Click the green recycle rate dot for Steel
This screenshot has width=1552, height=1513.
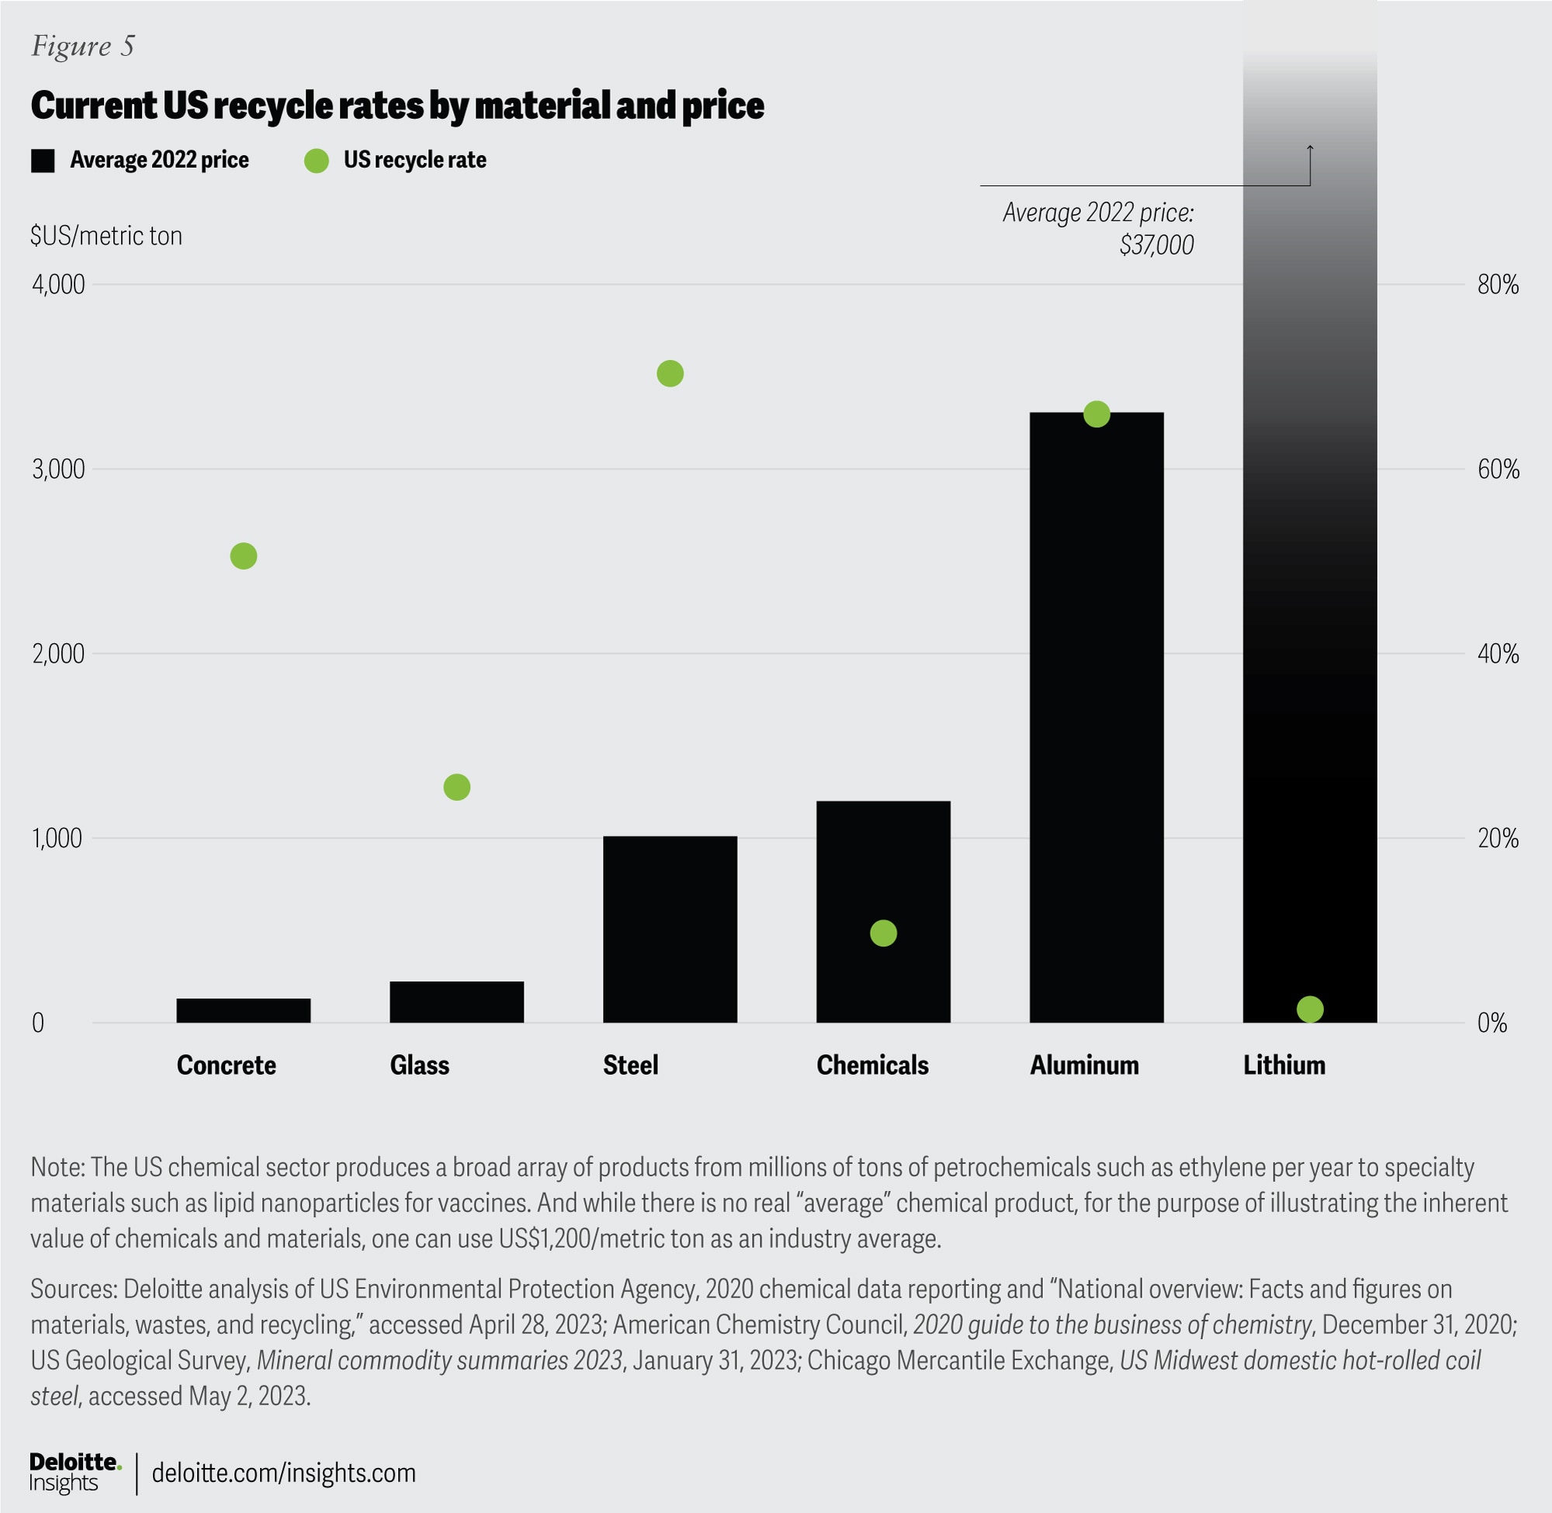tap(670, 373)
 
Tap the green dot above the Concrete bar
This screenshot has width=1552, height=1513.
tap(243, 556)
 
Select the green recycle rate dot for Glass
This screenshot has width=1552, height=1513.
tap(456, 787)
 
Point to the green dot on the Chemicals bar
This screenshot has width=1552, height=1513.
tap(883, 933)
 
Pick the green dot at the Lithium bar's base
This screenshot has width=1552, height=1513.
tap(1310, 1009)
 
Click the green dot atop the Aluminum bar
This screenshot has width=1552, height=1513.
tap(1096, 414)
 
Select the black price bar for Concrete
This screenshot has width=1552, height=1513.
tap(243, 1010)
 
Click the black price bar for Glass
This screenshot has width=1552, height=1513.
tap(456, 1001)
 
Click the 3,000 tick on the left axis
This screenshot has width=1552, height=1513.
tap(58, 469)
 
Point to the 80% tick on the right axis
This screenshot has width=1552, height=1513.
tap(1498, 285)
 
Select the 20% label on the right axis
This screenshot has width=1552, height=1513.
tap(1498, 838)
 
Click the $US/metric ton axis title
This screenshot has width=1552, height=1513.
tap(106, 236)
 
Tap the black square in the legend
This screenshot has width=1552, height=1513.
tap(43, 161)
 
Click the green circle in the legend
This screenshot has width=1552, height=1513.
tap(317, 161)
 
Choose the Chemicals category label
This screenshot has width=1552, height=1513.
tap(871, 1065)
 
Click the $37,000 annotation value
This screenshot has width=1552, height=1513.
tap(1156, 244)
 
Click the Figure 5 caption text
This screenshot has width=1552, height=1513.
tap(83, 46)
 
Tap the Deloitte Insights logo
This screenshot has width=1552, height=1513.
tap(74, 1473)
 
